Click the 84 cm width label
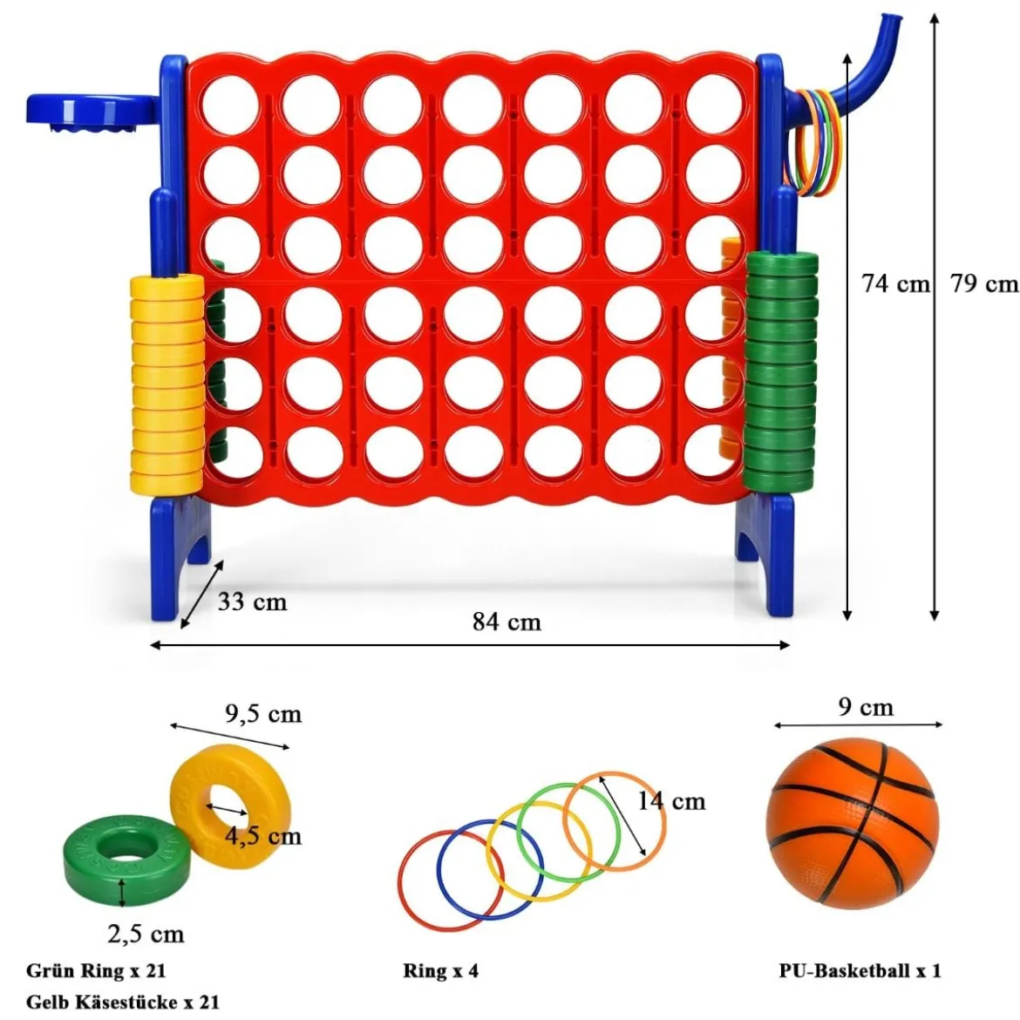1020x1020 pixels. pyautogui.click(x=507, y=622)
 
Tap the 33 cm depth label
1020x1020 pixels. pyautogui.click(x=253, y=602)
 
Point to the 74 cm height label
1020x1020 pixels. pyautogui.click(x=895, y=283)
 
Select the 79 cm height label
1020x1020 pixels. pyautogui.click(x=984, y=283)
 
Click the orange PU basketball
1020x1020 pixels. pyautogui.click(x=853, y=823)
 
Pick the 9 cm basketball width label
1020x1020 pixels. pyautogui.click(x=866, y=706)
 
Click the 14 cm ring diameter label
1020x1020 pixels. pyautogui.click(x=670, y=801)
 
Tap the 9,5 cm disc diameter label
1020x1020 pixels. pyautogui.click(x=263, y=714)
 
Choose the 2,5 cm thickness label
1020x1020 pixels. pyautogui.click(x=146, y=935)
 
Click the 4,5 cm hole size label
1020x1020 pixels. pyautogui.click(x=263, y=836)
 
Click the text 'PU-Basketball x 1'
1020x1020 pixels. pyautogui.click(x=860, y=970)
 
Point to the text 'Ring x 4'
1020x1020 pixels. pyautogui.click(x=440, y=970)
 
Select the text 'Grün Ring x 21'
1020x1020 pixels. pyautogui.click(x=96, y=970)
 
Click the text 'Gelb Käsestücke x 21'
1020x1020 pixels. pyautogui.click(x=123, y=1002)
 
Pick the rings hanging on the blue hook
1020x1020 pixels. pyautogui.click(x=813, y=143)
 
